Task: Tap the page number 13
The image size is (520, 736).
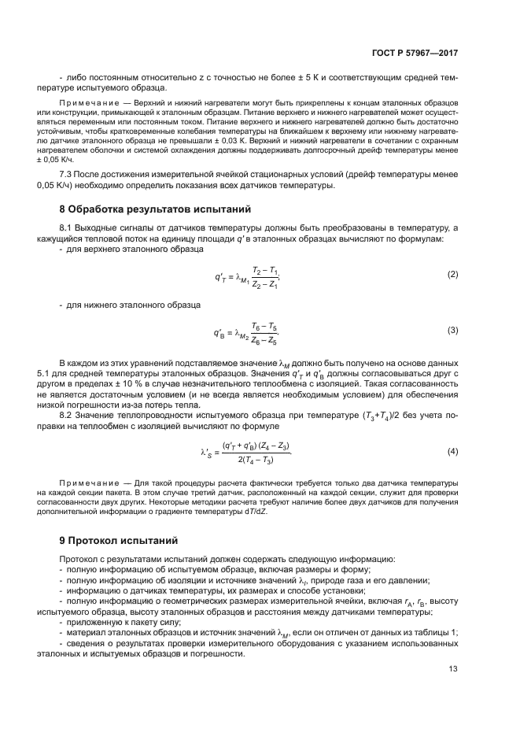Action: point(452,670)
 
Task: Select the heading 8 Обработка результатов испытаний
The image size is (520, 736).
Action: point(155,209)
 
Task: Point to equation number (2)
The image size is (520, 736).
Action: point(452,274)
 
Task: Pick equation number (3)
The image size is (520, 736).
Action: point(452,330)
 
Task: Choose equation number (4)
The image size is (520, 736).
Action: point(452,451)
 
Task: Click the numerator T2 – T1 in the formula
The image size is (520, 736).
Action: point(265,268)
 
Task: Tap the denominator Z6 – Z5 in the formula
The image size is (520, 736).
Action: point(264,341)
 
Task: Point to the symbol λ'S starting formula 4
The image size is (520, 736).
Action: point(207,452)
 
